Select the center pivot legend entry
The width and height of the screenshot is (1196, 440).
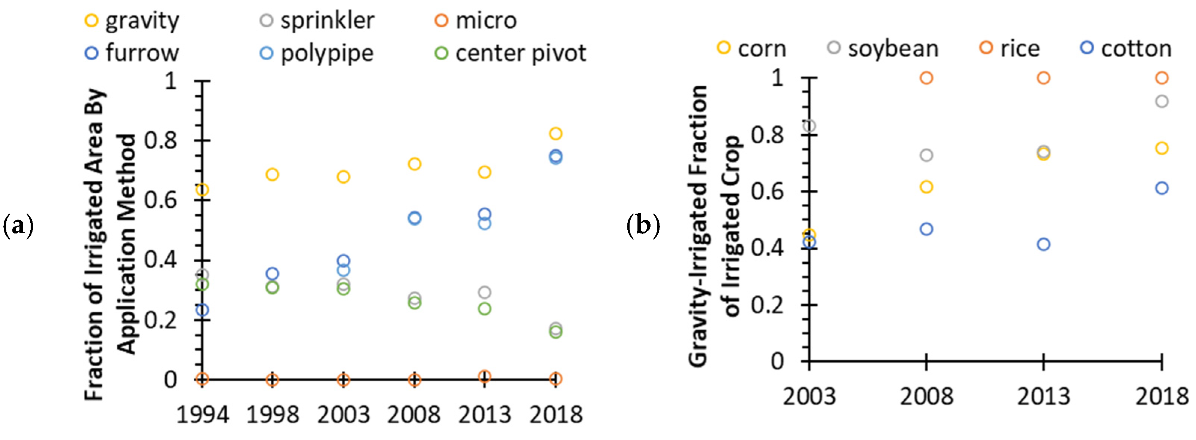(511, 54)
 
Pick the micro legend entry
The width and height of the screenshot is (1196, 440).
(478, 21)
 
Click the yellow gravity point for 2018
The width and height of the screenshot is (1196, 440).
(556, 134)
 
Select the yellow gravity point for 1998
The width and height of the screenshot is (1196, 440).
(272, 175)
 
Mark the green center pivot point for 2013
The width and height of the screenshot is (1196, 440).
(484, 309)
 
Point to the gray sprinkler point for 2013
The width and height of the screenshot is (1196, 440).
(484, 292)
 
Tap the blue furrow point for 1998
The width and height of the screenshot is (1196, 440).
(272, 274)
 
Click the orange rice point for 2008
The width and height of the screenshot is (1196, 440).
(926, 78)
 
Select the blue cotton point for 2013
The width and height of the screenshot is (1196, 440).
(1043, 244)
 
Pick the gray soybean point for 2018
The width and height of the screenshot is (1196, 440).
(1162, 101)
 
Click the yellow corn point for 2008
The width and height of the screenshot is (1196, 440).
(926, 187)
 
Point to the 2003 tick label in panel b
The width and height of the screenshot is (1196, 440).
(809, 396)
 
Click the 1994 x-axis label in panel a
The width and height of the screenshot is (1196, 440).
(202, 415)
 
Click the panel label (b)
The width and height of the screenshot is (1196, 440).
(643, 226)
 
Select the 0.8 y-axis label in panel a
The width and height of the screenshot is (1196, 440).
(161, 140)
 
